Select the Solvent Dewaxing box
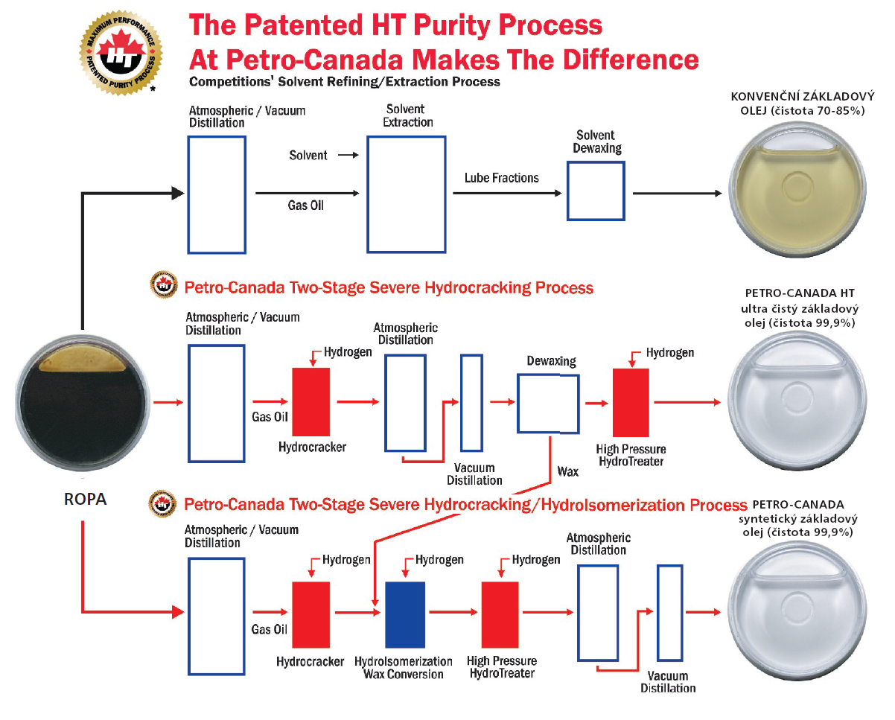(596, 191)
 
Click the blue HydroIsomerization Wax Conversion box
(404, 615)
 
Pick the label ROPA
(84, 500)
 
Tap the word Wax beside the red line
(567, 471)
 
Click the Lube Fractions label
(501, 178)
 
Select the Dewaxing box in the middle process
(548, 403)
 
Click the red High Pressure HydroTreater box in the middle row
(631, 402)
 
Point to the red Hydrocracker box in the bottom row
(310, 615)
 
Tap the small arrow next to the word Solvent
(346, 156)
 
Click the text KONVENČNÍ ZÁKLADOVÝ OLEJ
(797, 102)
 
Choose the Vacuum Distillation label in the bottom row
(667, 682)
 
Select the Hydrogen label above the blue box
(439, 560)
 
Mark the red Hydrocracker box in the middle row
(310, 402)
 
